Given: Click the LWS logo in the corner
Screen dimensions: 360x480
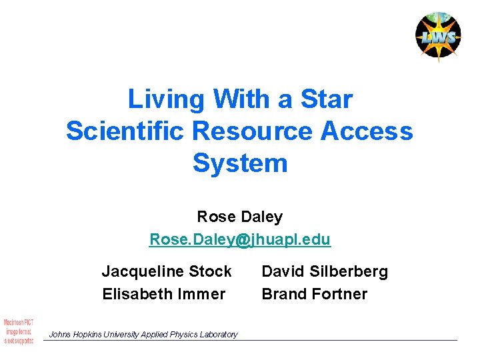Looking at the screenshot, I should click(x=437, y=36).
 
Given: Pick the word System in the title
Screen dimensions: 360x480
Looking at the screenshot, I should click(x=240, y=163).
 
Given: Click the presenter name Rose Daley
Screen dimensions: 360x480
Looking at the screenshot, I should click(x=240, y=217).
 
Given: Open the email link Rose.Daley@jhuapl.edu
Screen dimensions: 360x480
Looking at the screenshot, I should click(x=240, y=239).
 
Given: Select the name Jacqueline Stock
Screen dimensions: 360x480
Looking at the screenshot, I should click(x=167, y=271).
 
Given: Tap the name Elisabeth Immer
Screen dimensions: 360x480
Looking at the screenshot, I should click(x=164, y=293).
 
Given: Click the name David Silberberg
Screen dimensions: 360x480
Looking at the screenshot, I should click(x=325, y=271).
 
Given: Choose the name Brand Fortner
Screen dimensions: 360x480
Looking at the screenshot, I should click(x=314, y=293).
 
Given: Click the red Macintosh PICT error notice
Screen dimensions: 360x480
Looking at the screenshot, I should click(x=19, y=331).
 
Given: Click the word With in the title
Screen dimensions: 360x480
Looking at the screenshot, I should click(x=243, y=99).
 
